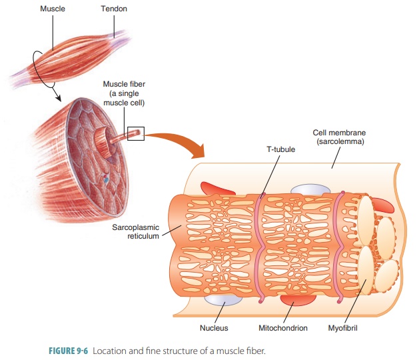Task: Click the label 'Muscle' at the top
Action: point(52,9)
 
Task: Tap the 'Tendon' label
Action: point(114,9)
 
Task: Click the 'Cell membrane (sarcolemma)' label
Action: point(339,137)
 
